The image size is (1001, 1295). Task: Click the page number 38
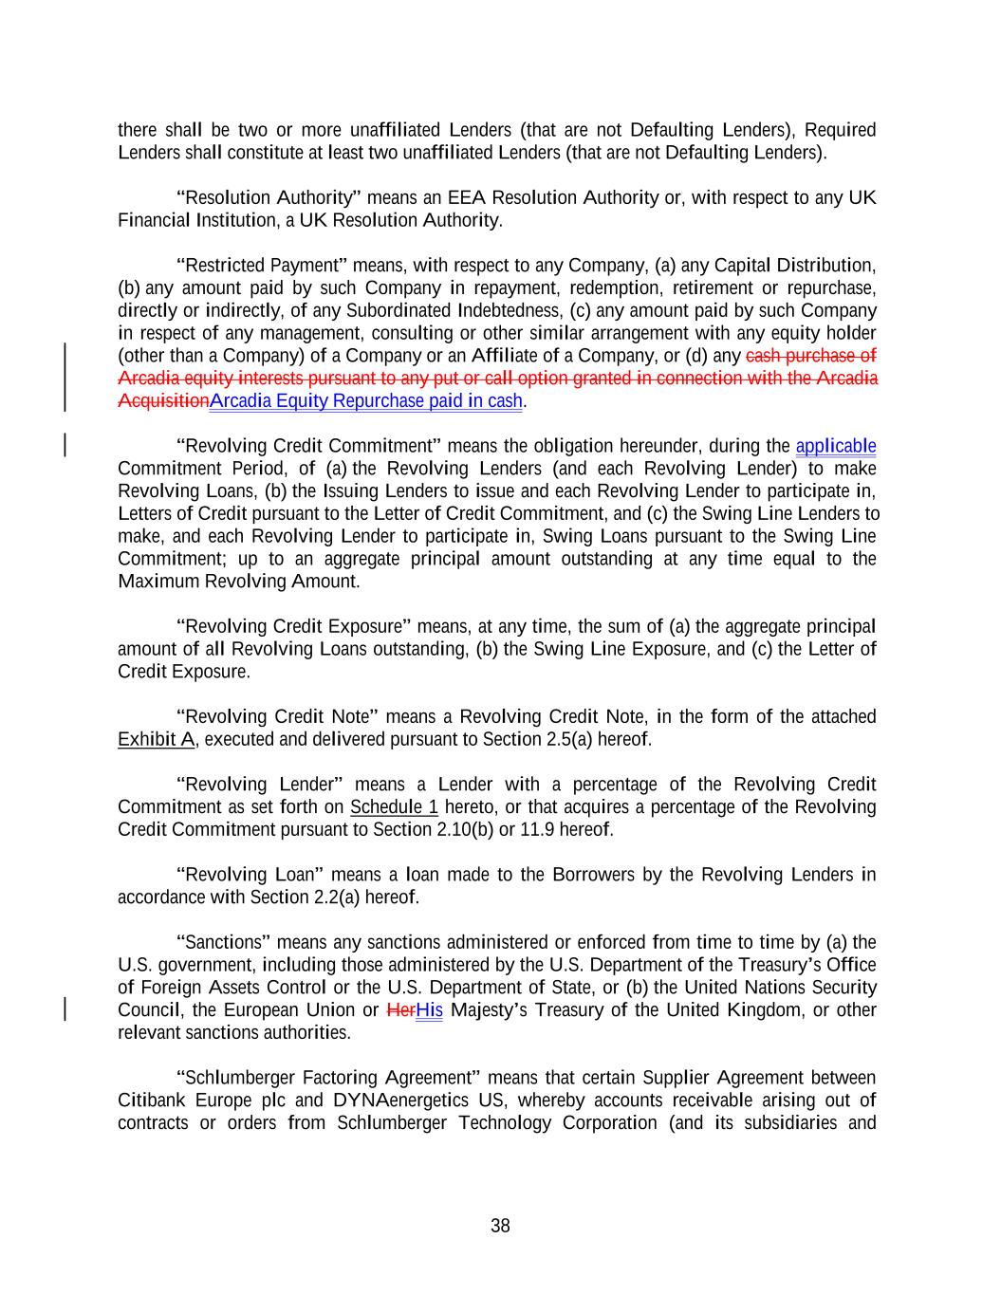click(x=500, y=1226)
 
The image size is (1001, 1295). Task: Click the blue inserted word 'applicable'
click(x=835, y=446)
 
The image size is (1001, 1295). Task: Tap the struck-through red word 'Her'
click(x=401, y=1010)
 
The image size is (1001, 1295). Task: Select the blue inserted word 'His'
click(x=429, y=1010)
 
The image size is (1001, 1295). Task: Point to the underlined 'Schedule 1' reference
click(x=394, y=807)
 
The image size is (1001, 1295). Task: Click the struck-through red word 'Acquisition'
click(x=163, y=401)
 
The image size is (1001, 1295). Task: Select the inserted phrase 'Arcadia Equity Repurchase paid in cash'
click(x=366, y=401)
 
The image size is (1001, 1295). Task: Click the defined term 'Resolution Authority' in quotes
click(x=269, y=198)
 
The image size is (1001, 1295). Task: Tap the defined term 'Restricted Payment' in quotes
click(x=262, y=266)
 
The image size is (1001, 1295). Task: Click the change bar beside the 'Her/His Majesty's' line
click(x=65, y=1009)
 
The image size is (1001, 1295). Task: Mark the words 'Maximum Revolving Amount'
click(x=237, y=582)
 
